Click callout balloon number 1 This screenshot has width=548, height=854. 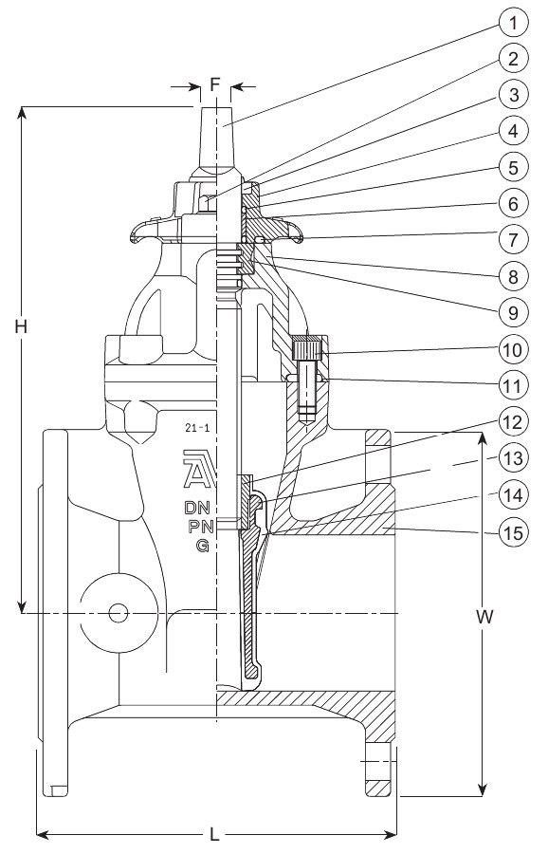click(x=513, y=23)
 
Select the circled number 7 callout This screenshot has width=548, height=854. click(x=513, y=239)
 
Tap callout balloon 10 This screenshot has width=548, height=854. click(x=513, y=349)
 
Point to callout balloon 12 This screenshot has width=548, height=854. click(x=513, y=422)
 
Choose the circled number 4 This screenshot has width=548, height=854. click(x=513, y=131)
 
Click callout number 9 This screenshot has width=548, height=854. click(x=513, y=312)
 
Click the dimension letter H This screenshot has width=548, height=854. click(x=21, y=326)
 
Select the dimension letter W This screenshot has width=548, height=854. click(x=484, y=616)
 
